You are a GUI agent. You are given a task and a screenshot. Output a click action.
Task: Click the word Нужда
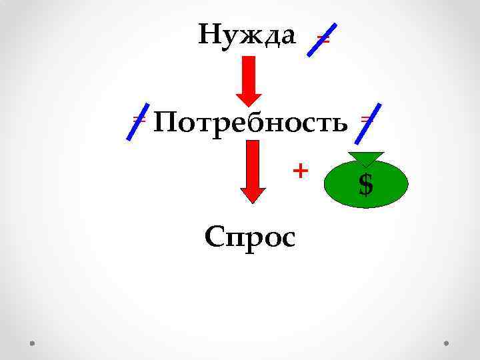(247, 35)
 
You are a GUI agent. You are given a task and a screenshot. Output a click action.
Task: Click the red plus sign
(301, 171)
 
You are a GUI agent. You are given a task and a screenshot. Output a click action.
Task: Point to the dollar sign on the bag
(365, 185)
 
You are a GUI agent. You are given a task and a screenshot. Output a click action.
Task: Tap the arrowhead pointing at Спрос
(253, 193)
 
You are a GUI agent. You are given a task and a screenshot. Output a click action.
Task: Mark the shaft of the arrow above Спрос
(253, 163)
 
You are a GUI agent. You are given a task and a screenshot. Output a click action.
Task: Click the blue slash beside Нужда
(321, 41)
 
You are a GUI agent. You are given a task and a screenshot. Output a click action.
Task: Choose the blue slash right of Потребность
(368, 123)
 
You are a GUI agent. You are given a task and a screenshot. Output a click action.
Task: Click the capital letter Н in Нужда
(209, 33)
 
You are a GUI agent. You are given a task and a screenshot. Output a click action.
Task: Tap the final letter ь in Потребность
(340, 125)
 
